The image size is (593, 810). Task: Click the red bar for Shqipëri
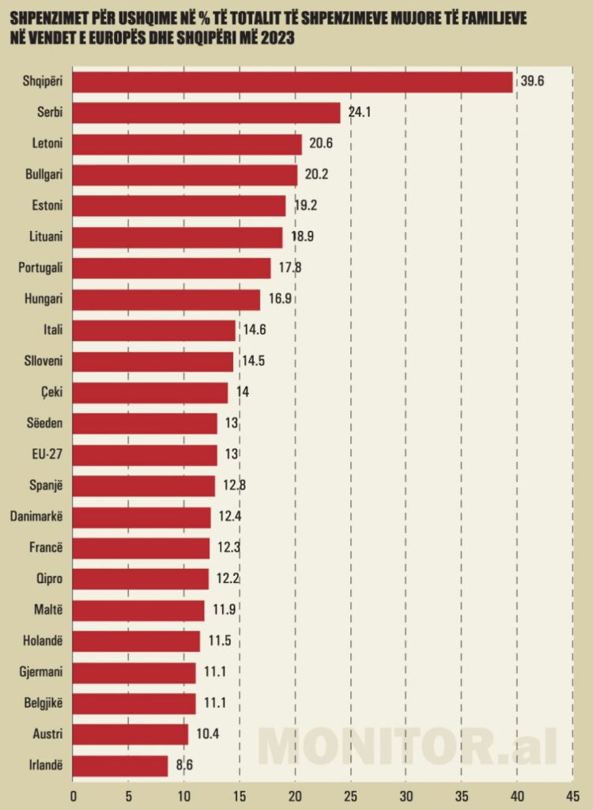(293, 82)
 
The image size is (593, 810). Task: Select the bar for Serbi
(206, 113)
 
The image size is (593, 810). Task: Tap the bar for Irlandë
(120, 766)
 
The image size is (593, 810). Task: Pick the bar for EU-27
(145, 456)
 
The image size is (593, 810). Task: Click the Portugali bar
(172, 268)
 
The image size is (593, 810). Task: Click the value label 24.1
(359, 112)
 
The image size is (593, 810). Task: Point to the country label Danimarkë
(37, 517)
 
